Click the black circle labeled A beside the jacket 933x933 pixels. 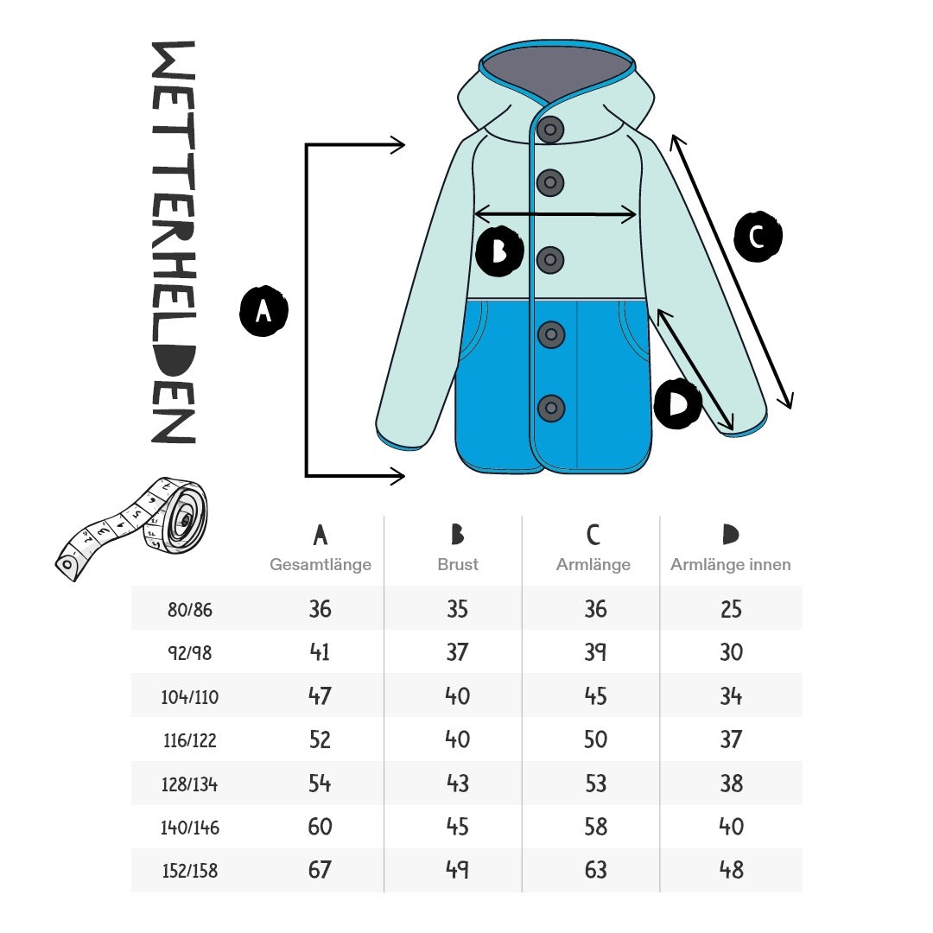tap(263, 311)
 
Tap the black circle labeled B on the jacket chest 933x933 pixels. tap(499, 251)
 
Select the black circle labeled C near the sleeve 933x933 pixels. tap(758, 236)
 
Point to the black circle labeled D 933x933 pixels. tap(678, 403)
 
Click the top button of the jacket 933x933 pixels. tap(550, 129)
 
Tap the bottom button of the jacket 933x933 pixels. tap(551, 408)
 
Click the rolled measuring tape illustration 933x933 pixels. tap(132, 528)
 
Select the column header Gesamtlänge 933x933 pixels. tap(321, 564)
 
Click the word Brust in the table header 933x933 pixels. tap(458, 564)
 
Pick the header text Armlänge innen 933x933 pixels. tap(731, 564)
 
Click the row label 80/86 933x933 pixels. tap(190, 609)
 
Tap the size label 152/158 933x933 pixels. tap(190, 871)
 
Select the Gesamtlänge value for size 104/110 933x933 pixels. tap(320, 695)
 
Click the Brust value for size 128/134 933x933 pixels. tap(458, 783)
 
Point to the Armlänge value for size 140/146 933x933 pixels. tap(595, 827)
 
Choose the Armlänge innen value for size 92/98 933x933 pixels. tap(732, 652)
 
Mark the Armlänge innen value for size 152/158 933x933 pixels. tap(732, 870)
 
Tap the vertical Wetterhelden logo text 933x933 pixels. tap(174, 242)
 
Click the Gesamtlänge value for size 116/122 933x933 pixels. tap(320, 739)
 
